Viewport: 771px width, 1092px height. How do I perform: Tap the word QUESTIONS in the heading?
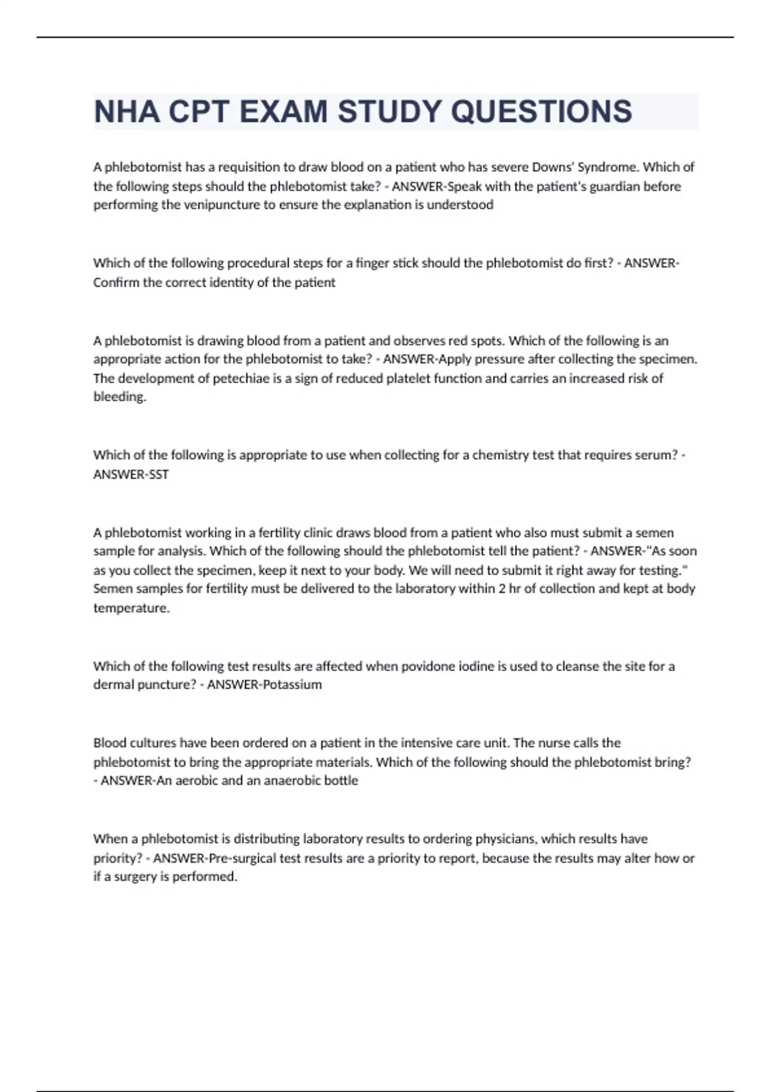(x=541, y=112)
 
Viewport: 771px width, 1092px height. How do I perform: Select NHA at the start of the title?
(x=127, y=112)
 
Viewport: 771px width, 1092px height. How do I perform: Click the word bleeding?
(x=120, y=397)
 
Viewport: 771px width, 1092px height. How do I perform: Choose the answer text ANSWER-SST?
(x=131, y=475)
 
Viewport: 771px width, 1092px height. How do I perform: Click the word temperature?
(x=131, y=608)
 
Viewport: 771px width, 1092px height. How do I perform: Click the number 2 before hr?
(x=501, y=589)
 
